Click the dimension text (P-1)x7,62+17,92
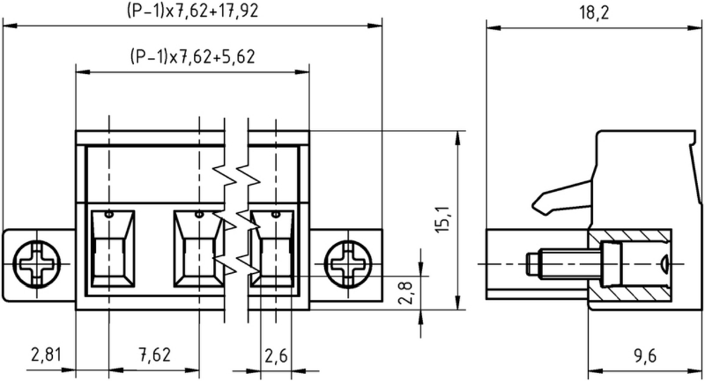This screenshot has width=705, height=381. [192, 11]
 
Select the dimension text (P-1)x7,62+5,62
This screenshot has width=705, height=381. [192, 56]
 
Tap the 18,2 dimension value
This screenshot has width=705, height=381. [594, 13]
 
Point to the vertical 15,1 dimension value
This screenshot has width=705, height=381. [443, 219]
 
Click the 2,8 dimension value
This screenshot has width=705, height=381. [405, 292]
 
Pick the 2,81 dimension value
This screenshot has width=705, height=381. [45, 355]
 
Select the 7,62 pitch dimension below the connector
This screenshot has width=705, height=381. [155, 355]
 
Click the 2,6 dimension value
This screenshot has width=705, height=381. [276, 356]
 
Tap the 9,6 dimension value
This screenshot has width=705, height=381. [645, 356]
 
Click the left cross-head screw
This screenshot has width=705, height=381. [37, 264]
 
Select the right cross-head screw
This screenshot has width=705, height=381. [348, 264]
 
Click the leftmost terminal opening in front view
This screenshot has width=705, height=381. [112, 248]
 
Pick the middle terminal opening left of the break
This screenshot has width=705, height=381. [198, 248]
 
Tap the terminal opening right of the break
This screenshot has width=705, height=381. [272, 248]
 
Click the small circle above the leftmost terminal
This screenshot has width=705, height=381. [109, 214]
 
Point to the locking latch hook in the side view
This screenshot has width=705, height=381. [561, 198]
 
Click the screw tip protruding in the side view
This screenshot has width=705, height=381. [532, 264]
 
